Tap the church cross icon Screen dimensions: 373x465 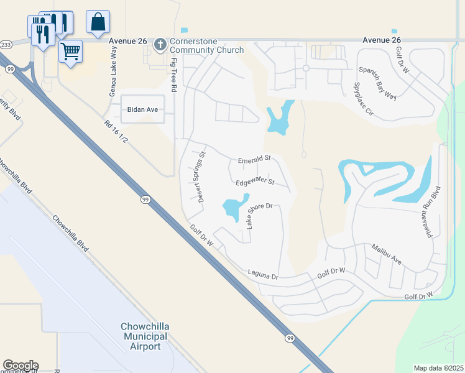coord(160,44)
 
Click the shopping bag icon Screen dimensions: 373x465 coord(98,22)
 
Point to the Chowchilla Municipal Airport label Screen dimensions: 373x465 coord(145,336)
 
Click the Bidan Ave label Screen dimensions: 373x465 coord(143,109)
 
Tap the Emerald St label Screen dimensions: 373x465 coord(255,160)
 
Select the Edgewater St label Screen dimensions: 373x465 coord(256,182)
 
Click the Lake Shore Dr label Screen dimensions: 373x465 coord(259,214)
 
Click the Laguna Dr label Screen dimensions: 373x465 coord(262,272)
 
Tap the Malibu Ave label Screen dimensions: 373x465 coord(387,255)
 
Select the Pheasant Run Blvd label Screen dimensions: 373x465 coord(433,211)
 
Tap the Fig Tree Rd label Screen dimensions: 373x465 coord(175,75)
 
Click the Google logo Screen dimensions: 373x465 coord(21,366)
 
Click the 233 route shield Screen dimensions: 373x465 coord(6,45)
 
